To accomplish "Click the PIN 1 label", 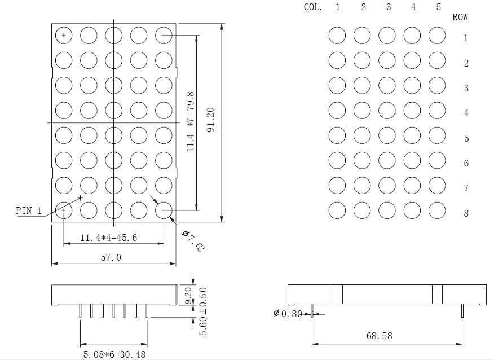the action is coord(29,210).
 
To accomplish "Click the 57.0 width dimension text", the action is coord(111,257).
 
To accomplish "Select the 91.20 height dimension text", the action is coord(211,120).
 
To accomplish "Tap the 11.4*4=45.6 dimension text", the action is coord(109,238).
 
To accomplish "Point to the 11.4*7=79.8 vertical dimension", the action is coord(191,122).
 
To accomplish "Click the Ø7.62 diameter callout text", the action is coord(193,241).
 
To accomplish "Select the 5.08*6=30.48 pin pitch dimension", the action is coord(114,354).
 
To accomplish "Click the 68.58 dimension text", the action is coord(380,336).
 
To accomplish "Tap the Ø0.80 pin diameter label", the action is coord(288,314).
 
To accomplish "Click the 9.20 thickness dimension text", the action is coord(188,295).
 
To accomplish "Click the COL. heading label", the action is coord(313,7).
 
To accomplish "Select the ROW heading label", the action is coord(460,17).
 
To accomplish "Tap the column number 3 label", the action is coord(389,7).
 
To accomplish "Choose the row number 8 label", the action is coord(466,213).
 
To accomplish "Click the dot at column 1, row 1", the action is coord(337,35).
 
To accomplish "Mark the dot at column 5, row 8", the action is coord(437,210).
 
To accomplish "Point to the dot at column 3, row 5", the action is coord(387,135).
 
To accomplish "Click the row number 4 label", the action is coord(466,113).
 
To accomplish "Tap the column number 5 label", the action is coord(439,7).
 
